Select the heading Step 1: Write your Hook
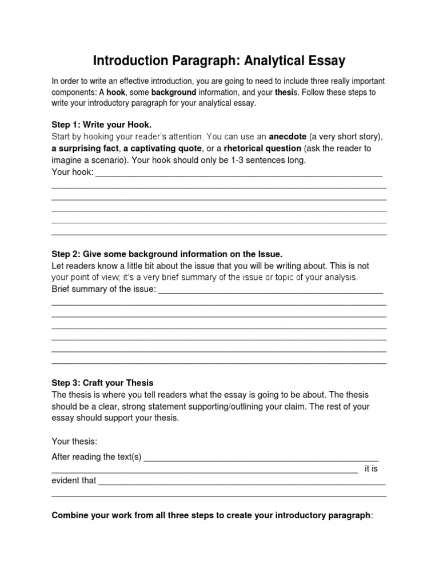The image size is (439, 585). click(102, 124)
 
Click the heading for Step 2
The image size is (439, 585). click(167, 254)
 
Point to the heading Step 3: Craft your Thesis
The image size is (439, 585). click(102, 383)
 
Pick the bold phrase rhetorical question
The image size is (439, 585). click(262, 149)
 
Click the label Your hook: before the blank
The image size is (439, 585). click(72, 172)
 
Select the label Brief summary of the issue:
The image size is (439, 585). click(103, 289)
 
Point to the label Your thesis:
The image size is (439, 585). click(74, 441)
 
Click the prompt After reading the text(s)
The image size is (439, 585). click(97, 456)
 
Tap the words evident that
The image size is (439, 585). click(74, 480)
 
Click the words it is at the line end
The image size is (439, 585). click(371, 468)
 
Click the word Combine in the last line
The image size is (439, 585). click(69, 515)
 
